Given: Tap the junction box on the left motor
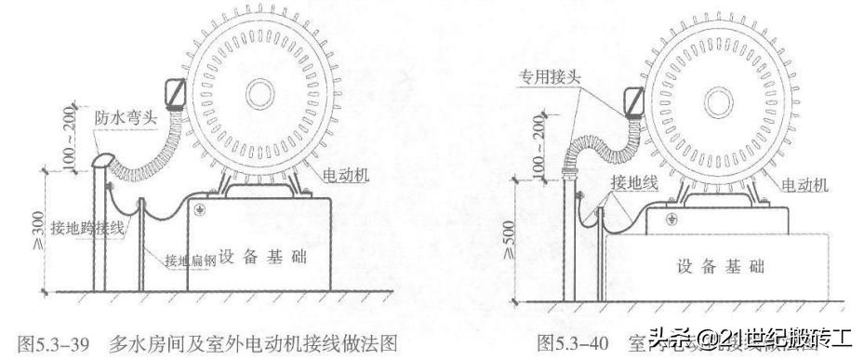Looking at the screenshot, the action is pos(175,93).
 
